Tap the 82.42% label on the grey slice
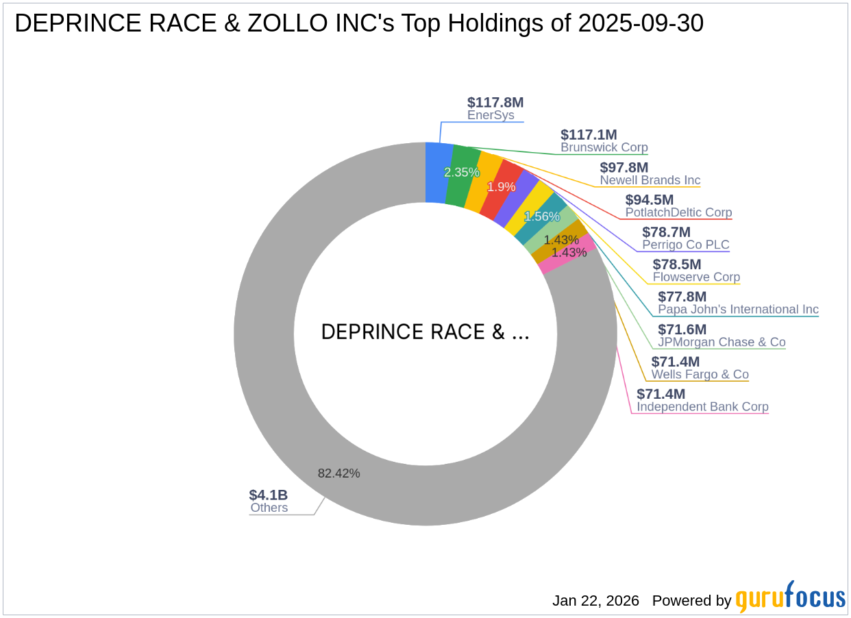pyautogui.click(x=338, y=473)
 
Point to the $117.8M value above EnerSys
pyautogui.click(x=495, y=103)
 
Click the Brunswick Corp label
pyautogui.click(x=604, y=147)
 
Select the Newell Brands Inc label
pyautogui.click(x=650, y=180)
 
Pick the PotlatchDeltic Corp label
pyautogui.click(x=678, y=212)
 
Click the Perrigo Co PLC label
pyautogui.click(x=685, y=245)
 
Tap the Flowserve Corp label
pyautogui.click(x=696, y=277)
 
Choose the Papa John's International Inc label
pyautogui.click(x=738, y=309)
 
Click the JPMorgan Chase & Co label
pyautogui.click(x=721, y=342)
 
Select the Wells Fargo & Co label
pyautogui.click(x=700, y=374)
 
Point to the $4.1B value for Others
pyautogui.click(x=269, y=495)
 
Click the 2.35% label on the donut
pyautogui.click(x=461, y=173)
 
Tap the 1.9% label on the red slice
pyautogui.click(x=501, y=186)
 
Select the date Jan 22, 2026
pyautogui.click(x=595, y=601)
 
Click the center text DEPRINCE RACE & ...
pyautogui.click(x=425, y=332)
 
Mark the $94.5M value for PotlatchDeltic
pyautogui.click(x=649, y=200)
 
